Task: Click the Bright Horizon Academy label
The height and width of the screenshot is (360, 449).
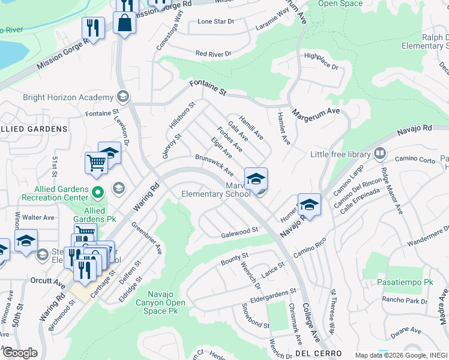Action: tap(68, 97)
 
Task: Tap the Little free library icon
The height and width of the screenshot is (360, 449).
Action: tap(379, 154)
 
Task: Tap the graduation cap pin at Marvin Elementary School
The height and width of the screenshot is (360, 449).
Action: tap(256, 179)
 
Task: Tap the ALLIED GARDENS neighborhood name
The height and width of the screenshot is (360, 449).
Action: tap(33, 129)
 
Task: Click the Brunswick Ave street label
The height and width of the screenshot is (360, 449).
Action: tap(213, 164)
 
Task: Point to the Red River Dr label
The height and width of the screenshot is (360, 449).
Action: tap(212, 54)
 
